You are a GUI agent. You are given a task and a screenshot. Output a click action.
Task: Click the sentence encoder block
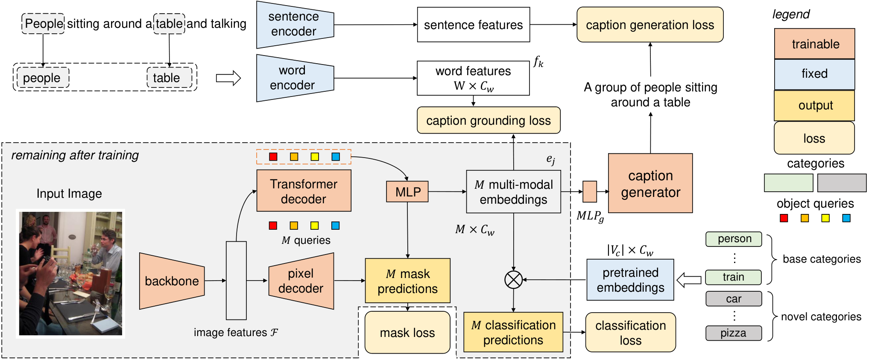click(295, 24)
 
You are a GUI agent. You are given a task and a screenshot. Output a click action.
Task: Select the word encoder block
click(295, 78)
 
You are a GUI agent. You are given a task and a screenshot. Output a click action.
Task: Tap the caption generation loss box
click(650, 25)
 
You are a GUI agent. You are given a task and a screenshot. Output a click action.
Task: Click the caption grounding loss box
click(489, 120)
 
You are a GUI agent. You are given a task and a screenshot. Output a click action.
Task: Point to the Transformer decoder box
click(304, 191)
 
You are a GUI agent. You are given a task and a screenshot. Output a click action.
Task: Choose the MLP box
click(407, 192)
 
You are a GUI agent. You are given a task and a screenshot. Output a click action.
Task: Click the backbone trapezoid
click(172, 281)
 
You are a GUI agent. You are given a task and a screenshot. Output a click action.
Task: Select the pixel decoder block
click(301, 281)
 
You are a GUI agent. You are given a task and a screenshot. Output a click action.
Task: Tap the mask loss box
click(407, 333)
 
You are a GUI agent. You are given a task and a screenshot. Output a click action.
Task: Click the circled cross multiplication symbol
click(513, 280)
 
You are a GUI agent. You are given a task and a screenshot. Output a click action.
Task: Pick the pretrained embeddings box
click(630, 280)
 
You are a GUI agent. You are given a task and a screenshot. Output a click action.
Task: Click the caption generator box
click(650, 183)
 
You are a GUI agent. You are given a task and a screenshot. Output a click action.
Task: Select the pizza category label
click(734, 333)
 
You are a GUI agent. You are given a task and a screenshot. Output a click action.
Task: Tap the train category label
click(734, 277)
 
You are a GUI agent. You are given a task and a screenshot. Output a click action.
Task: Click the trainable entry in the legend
click(815, 44)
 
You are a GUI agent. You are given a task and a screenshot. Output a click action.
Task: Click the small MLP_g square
click(590, 192)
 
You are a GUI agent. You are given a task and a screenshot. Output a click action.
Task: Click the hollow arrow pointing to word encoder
click(228, 78)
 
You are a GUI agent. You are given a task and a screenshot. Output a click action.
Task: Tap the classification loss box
click(630, 333)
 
